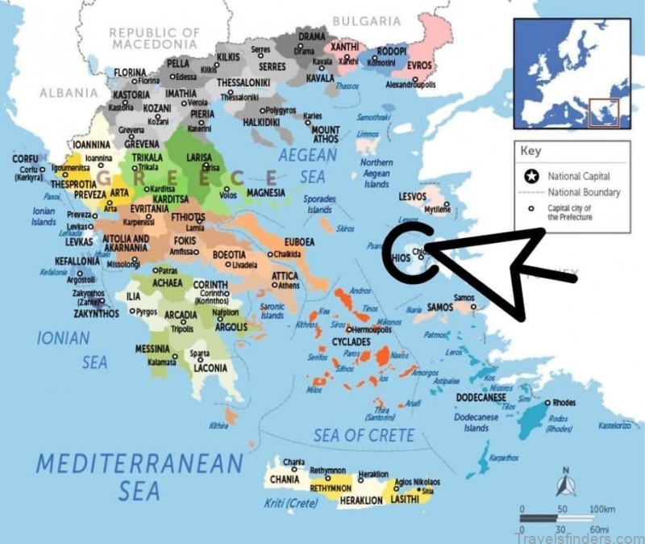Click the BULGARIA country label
(366, 20)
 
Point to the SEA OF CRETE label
(364, 436)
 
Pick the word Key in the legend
(531, 151)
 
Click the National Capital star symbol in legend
(531, 175)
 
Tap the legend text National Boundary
(584, 192)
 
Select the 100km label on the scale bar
(602, 510)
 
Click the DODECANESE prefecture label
(481, 398)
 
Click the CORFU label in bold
(25, 159)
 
